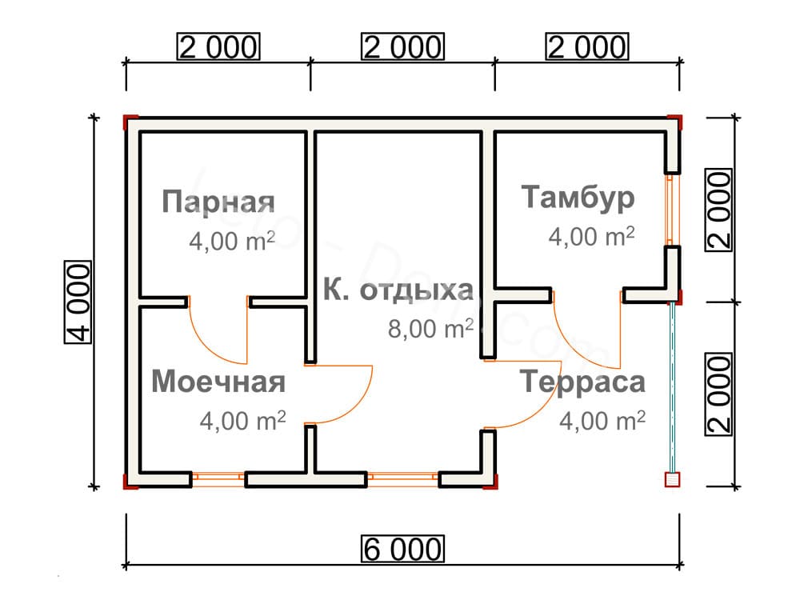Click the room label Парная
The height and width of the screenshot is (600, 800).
[x=218, y=202]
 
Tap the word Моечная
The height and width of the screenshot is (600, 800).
[x=218, y=382]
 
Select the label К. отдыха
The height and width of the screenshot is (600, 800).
[x=398, y=290]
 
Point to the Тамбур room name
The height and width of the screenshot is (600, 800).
[x=578, y=198]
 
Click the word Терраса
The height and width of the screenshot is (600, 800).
[x=582, y=382]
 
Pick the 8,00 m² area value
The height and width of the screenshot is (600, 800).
[x=430, y=329]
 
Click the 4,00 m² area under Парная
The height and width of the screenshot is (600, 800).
[x=232, y=240]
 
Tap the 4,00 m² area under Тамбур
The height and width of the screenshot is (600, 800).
[x=592, y=236]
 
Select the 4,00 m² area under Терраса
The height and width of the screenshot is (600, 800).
[x=602, y=421]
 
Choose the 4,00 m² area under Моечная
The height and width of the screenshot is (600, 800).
[x=243, y=421]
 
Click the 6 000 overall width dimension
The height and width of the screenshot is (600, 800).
[x=402, y=549]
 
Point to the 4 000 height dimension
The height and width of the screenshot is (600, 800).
[x=78, y=302]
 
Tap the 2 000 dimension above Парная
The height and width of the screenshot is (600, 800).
[x=218, y=46]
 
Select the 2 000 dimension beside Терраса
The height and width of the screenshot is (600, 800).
[x=718, y=394]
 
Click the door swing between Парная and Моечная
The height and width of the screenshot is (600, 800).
[x=218, y=330]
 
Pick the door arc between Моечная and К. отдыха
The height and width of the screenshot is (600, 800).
[x=338, y=394]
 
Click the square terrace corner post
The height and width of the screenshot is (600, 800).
[x=673, y=479]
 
